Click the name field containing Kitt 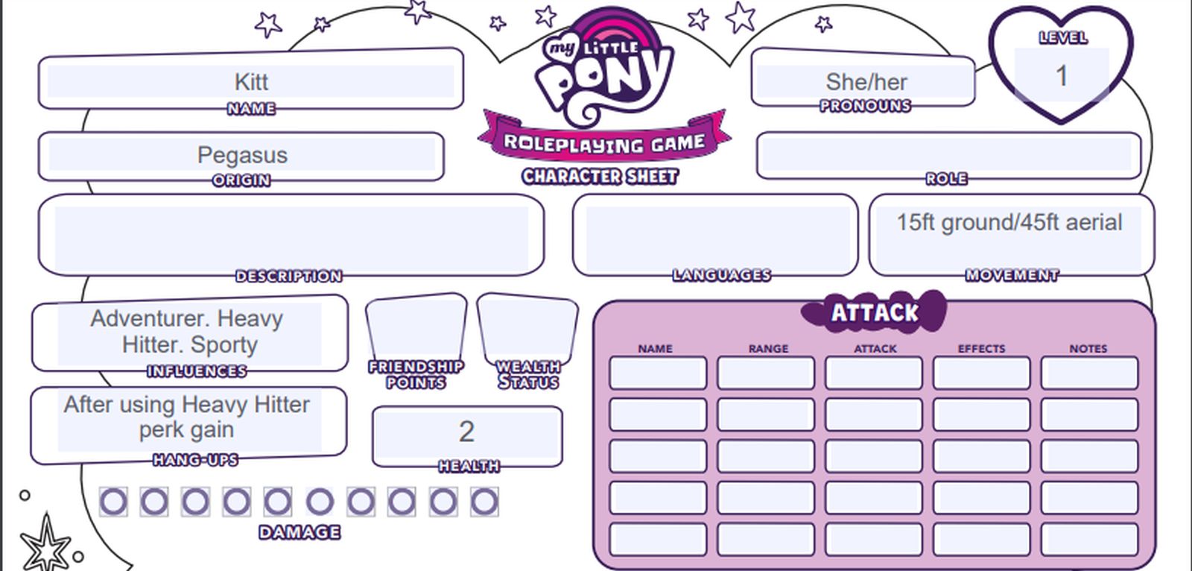tap(251, 81)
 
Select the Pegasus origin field tap(242, 155)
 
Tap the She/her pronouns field tap(866, 81)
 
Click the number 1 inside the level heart tap(1062, 75)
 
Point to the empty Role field tap(948, 154)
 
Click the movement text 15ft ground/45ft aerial tap(1009, 222)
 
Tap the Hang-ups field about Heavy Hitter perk tap(187, 417)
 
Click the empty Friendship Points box tap(416, 326)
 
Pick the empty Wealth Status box tap(527, 326)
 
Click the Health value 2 tap(466, 432)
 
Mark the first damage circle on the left tap(113, 502)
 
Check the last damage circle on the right tap(484, 502)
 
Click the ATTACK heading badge tap(874, 312)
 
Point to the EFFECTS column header tap(981, 348)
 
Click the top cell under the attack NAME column tap(658, 373)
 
